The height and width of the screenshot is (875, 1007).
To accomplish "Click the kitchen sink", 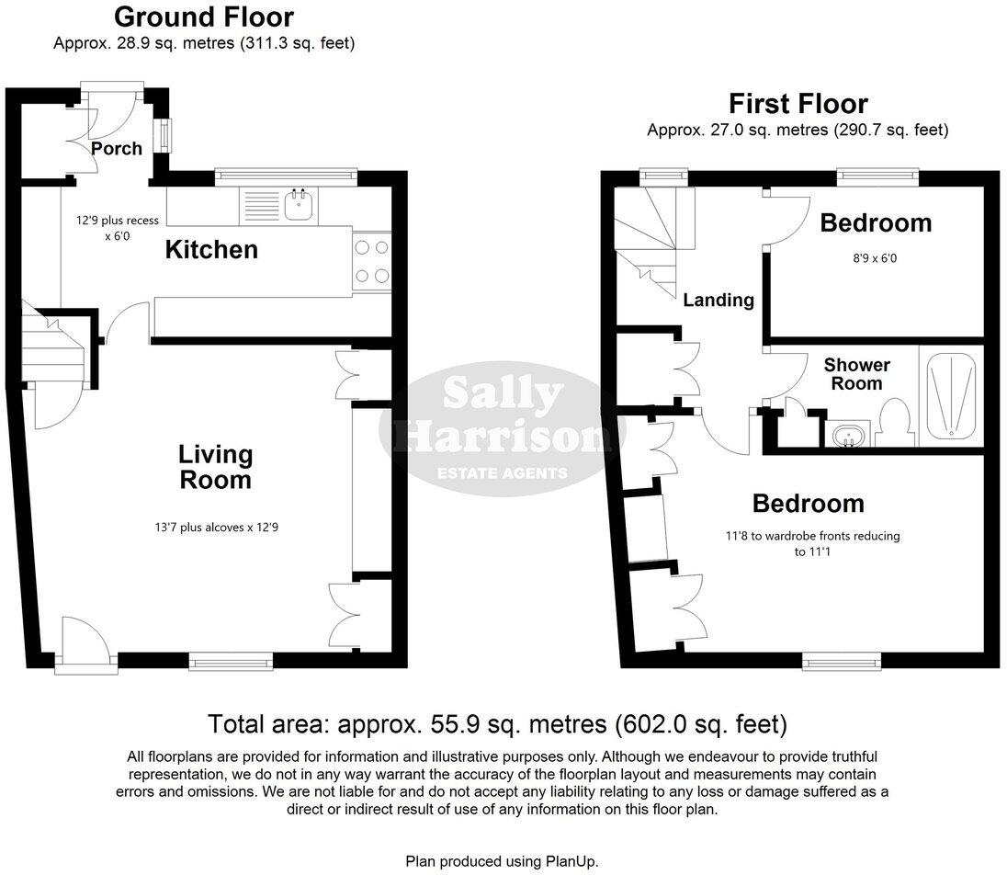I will click(x=298, y=206).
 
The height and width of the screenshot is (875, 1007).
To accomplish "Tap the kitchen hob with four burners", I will click(x=370, y=261).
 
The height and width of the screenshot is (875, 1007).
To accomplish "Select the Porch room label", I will click(x=117, y=149).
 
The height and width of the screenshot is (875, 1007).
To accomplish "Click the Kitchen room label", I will click(x=210, y=249).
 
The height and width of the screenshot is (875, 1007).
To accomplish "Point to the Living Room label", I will click(x=215, y=466).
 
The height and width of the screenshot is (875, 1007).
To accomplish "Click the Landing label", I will click(x=718, y=300).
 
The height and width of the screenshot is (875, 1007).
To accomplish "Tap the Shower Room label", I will click(x=856, y=374).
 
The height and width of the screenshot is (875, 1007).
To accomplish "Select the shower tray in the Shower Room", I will click(x=951, y=395).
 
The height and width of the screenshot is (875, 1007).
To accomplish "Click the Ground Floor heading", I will click(x=204, y=17).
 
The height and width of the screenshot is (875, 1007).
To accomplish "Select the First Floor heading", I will click(x=798, y=103).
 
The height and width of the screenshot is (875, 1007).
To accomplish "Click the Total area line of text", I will click(x=497, y=724).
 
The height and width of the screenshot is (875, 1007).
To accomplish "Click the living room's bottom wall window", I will click(x=231, y=659).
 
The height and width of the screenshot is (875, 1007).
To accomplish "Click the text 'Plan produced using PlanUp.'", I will click(x=503, y=861).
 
